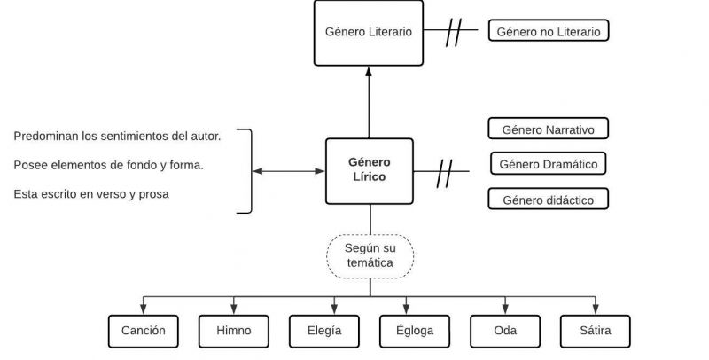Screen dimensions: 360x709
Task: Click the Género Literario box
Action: (369, 32)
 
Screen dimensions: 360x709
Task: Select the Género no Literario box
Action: (549, 32)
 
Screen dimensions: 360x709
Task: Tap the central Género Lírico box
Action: (369, 170)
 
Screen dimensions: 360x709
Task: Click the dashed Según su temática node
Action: (370, 255)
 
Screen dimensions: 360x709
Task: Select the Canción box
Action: (144, 331)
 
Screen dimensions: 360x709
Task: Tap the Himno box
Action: (234, 331)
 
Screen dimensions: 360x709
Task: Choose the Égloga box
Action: (415, 331)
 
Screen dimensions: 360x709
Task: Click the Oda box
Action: (505, 331)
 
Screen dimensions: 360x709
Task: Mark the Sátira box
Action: (596, 331)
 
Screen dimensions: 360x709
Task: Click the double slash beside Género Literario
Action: (456, 33)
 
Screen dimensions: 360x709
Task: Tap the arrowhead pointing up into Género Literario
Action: (370, 71)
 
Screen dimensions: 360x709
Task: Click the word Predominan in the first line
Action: (44, 136)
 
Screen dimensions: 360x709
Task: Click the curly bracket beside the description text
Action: (248, 170)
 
